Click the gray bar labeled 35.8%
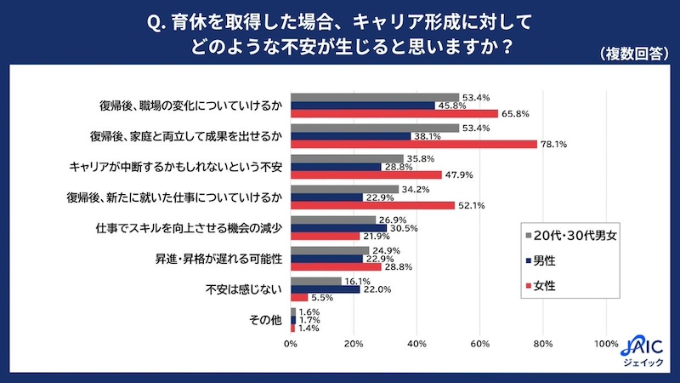point(348,158)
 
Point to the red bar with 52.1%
point(373,205)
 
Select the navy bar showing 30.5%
point(339,228)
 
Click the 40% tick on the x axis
point(416,344)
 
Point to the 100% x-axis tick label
point(606,344)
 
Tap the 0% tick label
point(291,344)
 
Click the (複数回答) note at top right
point(632,54)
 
